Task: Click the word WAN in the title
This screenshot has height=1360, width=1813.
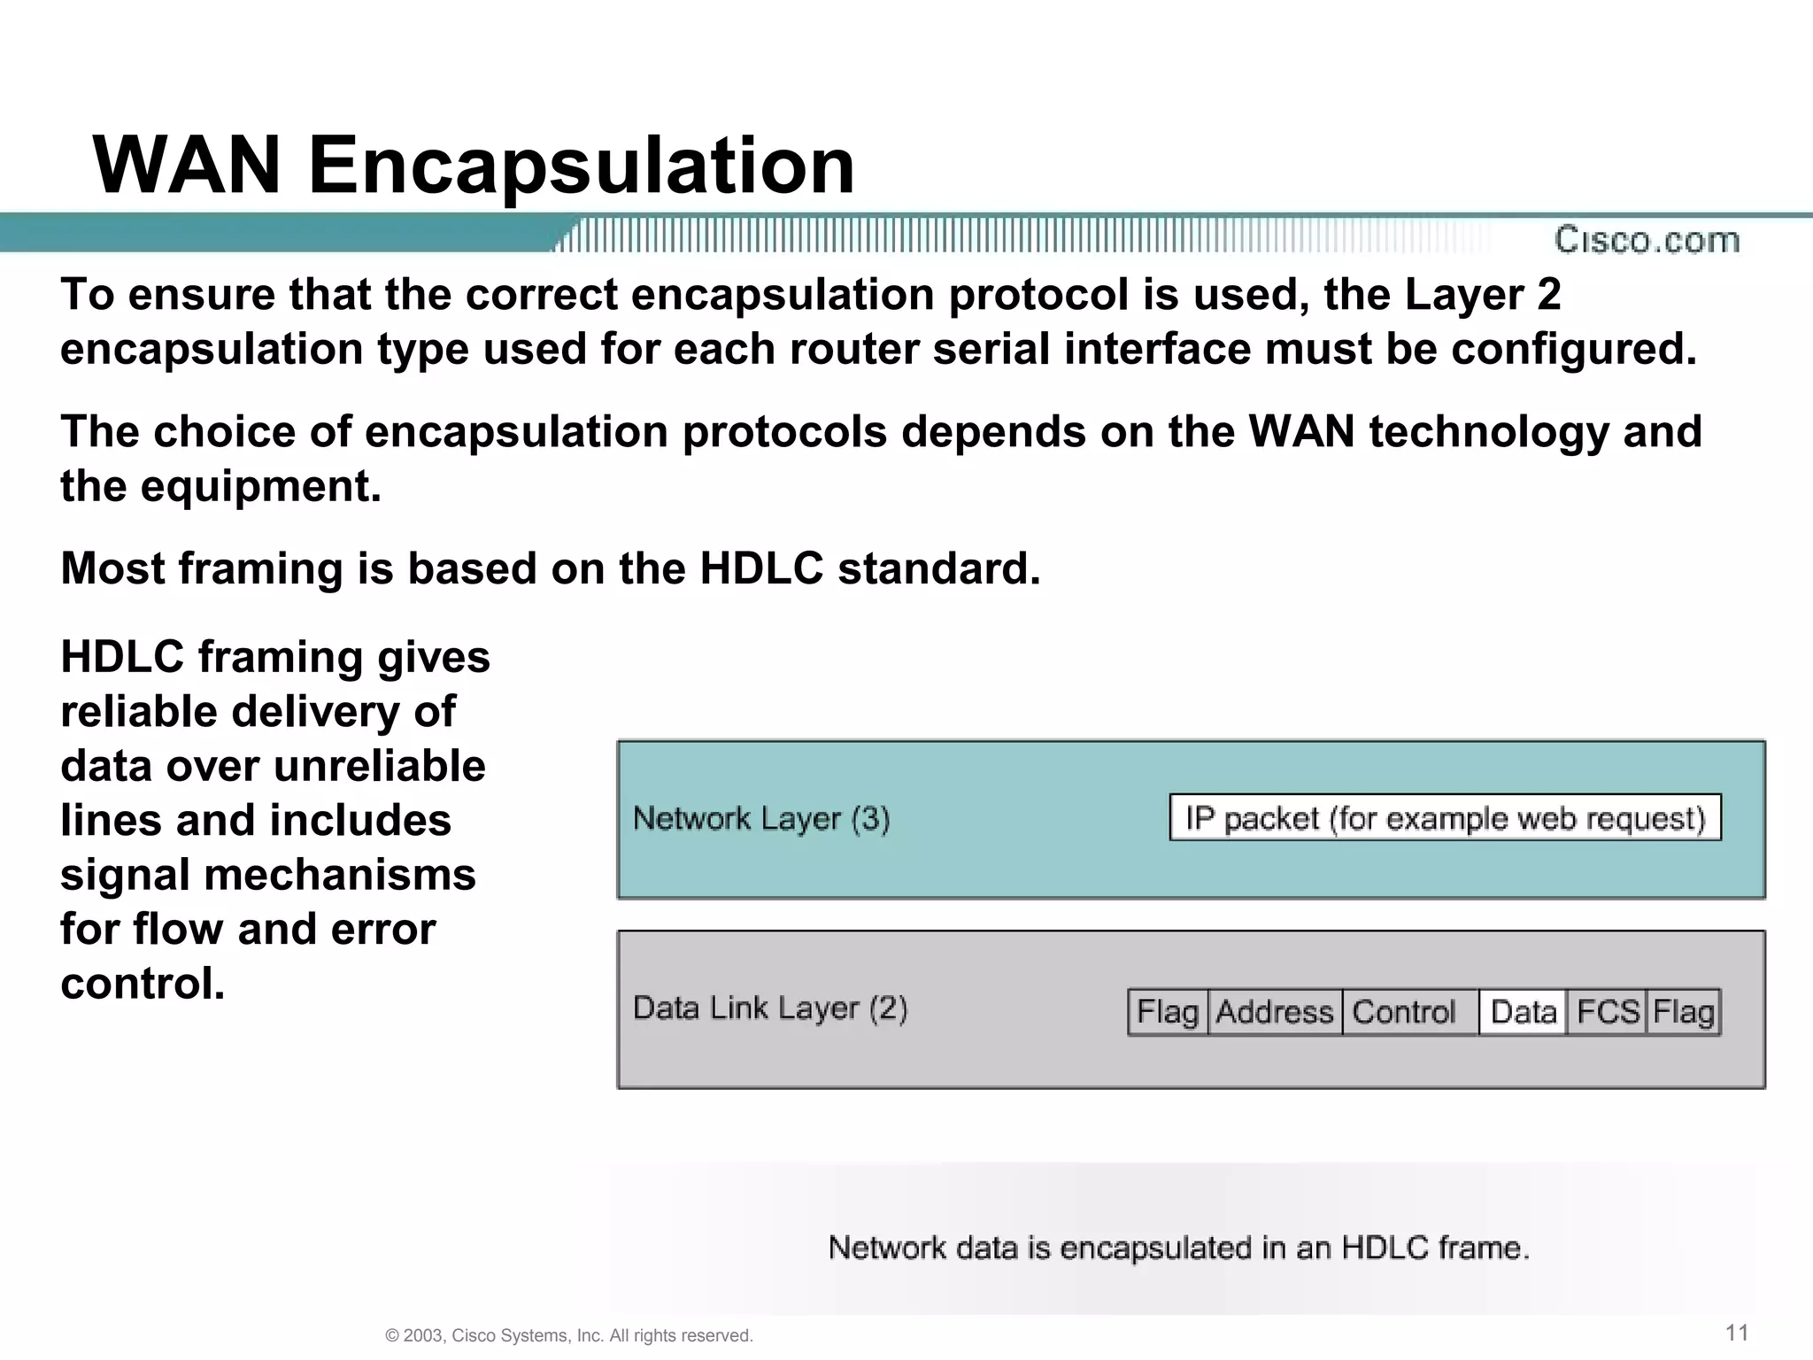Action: click(187, 166)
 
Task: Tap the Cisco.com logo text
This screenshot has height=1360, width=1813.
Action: click(1647, 240)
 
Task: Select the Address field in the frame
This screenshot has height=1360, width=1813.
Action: click(1274, 1012)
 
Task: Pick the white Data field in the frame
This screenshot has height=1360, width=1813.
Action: click(1523, 1012)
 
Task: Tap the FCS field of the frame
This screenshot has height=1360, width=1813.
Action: click(1607, 1012)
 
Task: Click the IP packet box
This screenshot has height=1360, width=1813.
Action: click(1445, 818)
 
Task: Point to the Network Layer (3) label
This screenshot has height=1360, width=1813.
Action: click(761, 819)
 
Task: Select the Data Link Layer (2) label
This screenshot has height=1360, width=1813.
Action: click(770, 1008)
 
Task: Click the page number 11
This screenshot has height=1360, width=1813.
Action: click(1737, 1333)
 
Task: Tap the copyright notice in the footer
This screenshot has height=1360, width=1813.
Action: click(569, 1335)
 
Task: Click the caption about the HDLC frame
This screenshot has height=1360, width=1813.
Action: click(1178, 1248)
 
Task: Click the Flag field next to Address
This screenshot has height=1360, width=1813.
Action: click(1168, 1012)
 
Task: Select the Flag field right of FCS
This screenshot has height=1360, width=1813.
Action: click(1683, 1012)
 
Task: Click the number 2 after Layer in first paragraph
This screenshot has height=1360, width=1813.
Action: click(1548, 295)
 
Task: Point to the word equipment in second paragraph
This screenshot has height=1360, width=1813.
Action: click(260, 487)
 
